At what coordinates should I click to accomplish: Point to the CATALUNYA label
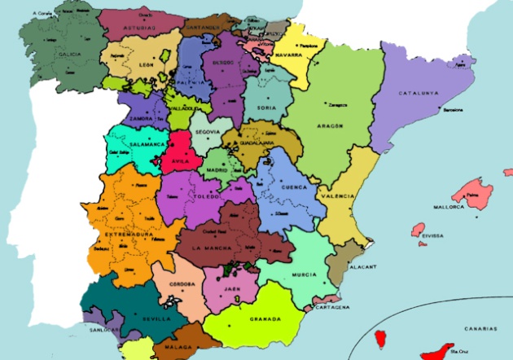coord(419,94)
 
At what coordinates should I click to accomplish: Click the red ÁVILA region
coord(180,154)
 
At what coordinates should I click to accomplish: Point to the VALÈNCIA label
coord(337,197)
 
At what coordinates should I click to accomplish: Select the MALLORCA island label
coord(449,207)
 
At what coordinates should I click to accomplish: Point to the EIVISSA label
coord(433,235)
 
